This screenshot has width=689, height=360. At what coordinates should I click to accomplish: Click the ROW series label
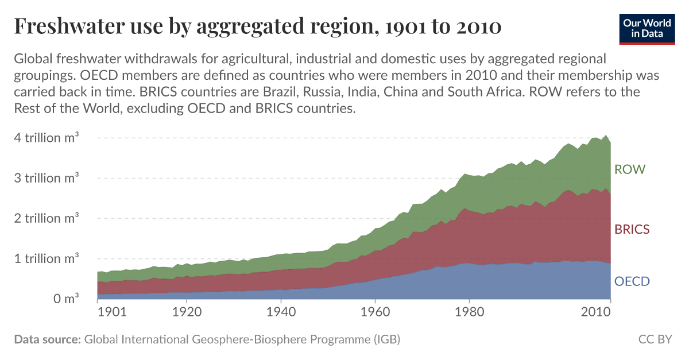point(630,169)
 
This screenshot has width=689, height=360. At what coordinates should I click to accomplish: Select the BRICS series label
point(632,229)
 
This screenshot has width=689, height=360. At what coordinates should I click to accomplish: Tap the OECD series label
point(632,281)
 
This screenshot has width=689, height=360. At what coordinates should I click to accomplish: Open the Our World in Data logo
point(647,28)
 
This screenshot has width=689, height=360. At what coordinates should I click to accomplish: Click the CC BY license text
point(655,339)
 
